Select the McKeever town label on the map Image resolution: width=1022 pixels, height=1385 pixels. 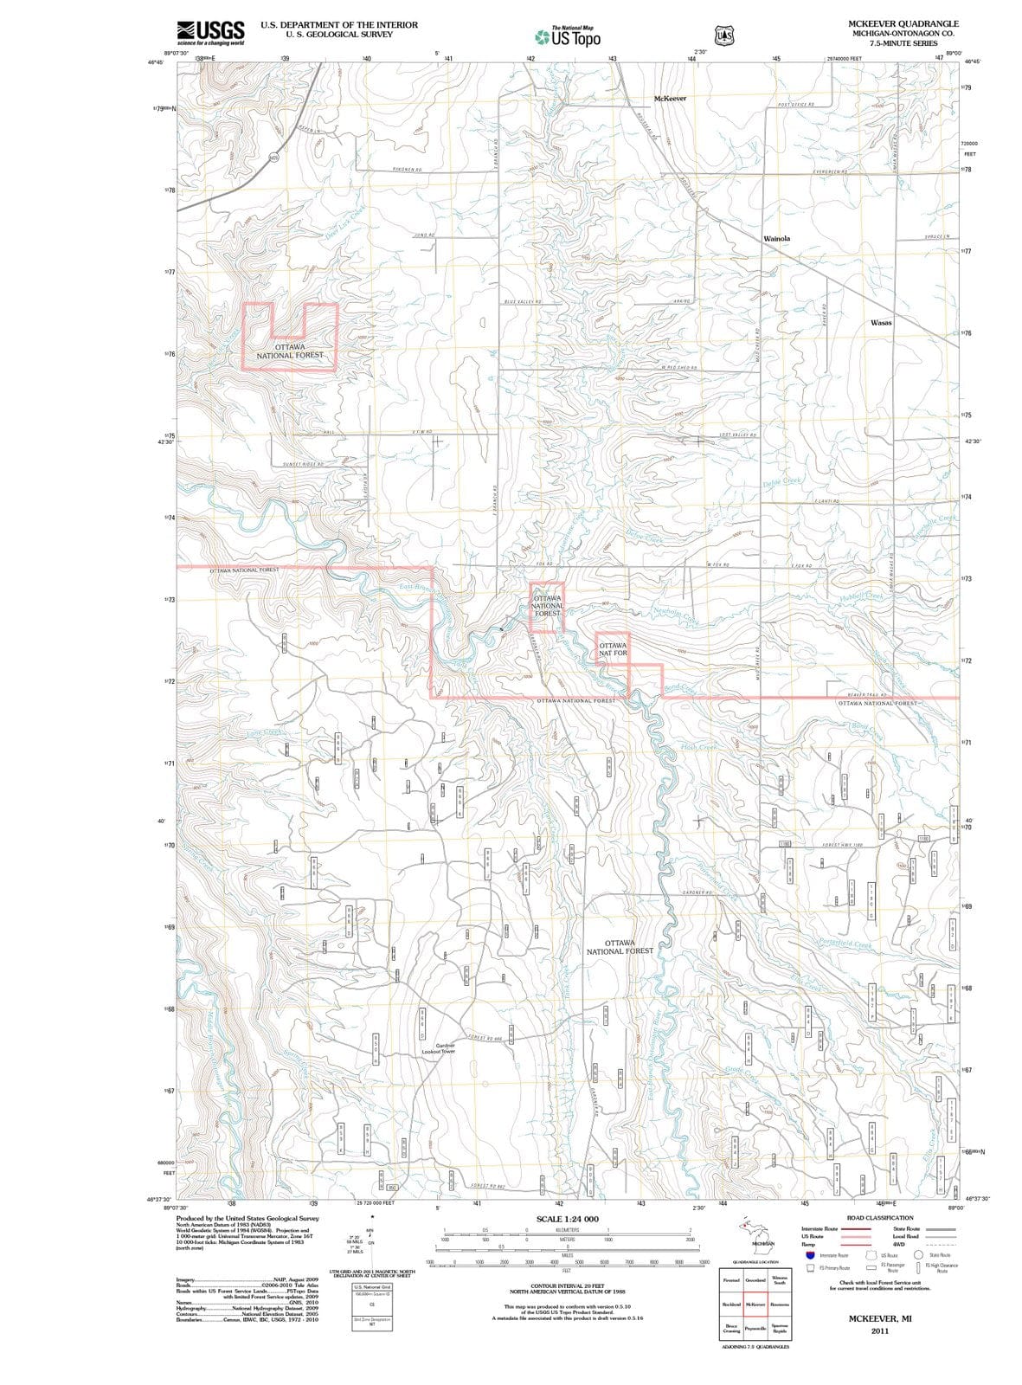670,99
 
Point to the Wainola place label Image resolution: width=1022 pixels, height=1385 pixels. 776,238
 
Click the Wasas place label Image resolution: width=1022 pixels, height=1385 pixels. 881,322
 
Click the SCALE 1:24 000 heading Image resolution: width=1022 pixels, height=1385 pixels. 567,1219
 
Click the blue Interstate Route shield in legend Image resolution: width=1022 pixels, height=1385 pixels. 809,1255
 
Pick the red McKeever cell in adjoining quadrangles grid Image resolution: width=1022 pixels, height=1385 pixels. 755,1304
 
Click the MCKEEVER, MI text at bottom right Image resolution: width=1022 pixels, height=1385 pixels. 879,1317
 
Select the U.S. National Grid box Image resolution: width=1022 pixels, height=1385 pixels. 371,1290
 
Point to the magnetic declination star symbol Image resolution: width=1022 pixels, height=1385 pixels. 371,1216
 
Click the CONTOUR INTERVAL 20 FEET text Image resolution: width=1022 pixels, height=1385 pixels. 568,1286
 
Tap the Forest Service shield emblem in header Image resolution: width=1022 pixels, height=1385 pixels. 723,35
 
